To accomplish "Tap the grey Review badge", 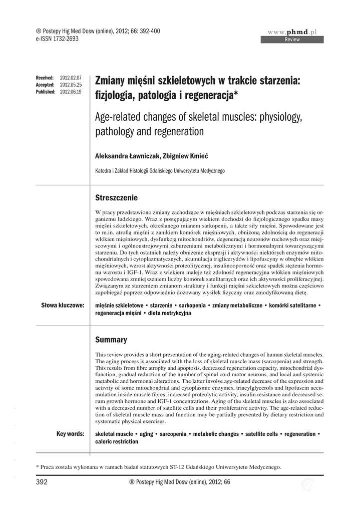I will pos(292,40).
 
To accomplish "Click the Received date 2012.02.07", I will pos(71,79).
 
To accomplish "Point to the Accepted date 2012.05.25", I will pos(71,85).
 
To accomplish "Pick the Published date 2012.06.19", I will pos(71,92).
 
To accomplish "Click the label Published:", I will pos(46,92).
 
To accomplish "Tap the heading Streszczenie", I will pos(116,197).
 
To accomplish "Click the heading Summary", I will pos(111,340).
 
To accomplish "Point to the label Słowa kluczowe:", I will pos(63,305).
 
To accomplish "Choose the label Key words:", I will pos(70,434).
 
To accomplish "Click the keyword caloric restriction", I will pos(116,442).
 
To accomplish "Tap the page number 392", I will pos(42,482).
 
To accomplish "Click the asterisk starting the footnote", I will pos(38,467).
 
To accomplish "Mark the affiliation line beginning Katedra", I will pos(159,171).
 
